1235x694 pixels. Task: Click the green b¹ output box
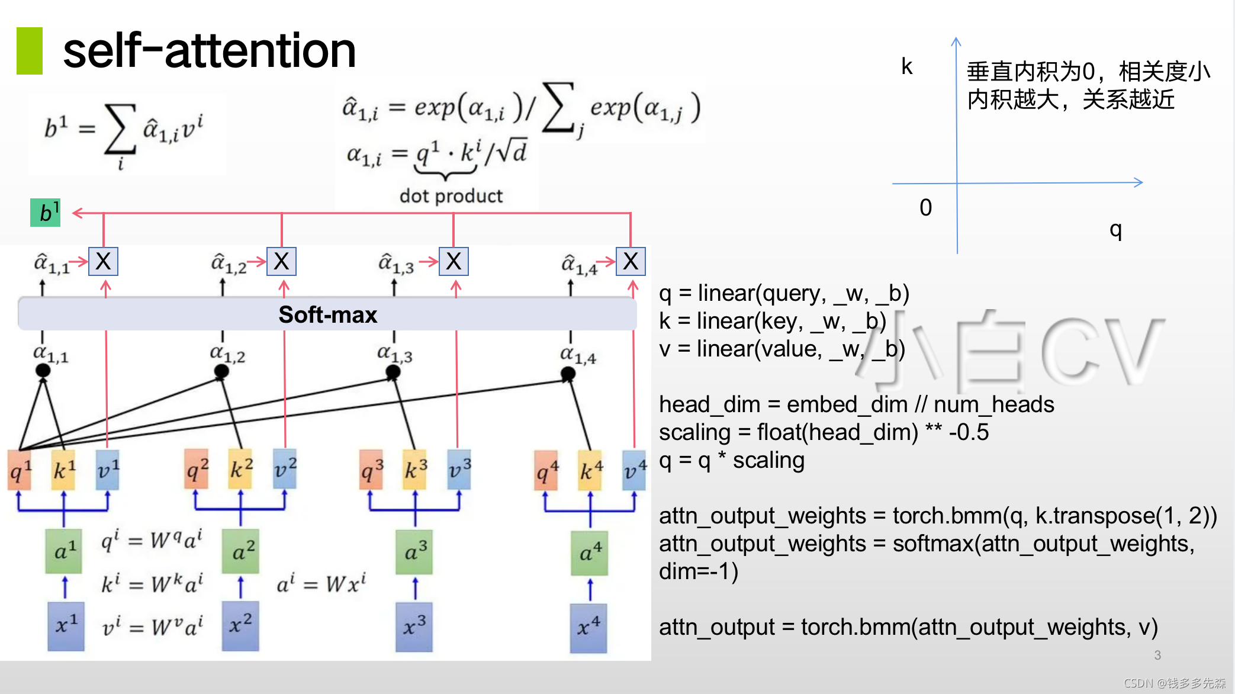[x=45, y=213]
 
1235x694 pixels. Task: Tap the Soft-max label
[x=327, y=314]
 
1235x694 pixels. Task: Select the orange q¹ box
[x=20, y=470]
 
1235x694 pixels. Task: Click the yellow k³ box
[x=414, y=470]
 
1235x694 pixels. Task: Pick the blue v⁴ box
[x=634, y=470]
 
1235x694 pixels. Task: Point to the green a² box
[x=240, y=552]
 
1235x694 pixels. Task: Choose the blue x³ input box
[x=414, y=626]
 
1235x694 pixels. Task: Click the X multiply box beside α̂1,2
[x=281, y=261]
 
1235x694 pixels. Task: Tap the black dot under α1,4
[x=568, y=374]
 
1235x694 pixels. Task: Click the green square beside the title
[x=30, y=51]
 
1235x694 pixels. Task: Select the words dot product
[x=451, y=195]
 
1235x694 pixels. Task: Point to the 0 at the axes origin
[x=925, y=208]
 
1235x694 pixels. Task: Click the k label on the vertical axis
[x=906, y=67]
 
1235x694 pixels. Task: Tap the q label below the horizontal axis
[x=1115, y=230]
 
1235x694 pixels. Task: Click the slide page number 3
[x=1157, y=655]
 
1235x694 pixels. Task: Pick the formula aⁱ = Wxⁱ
[x=321, y=584]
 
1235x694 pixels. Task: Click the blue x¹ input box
[x=66, y=626]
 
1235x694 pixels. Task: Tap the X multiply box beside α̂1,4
[x=631, y=261]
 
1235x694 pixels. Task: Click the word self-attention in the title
[x=209, y=51]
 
